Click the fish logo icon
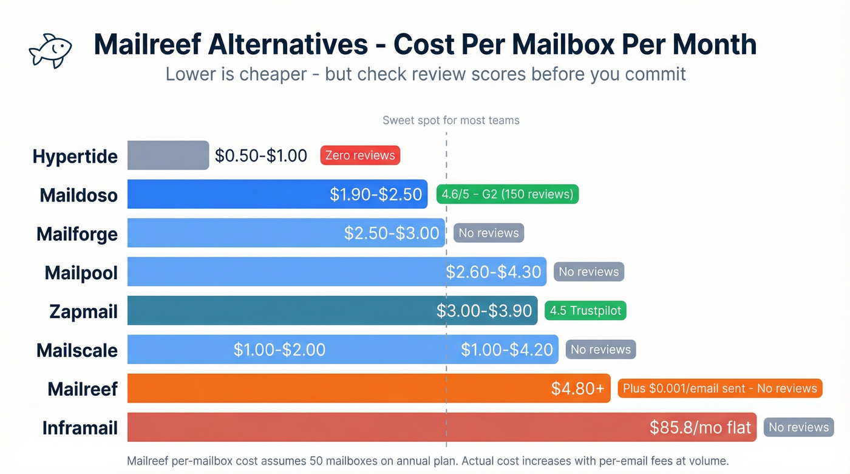(x=50, y=50)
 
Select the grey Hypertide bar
(x=168, y=155)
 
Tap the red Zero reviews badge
(x=360, y=155)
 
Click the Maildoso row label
(x=79, y=195)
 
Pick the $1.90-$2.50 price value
(x=376, y=194)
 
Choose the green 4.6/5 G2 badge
(x=507, y=194)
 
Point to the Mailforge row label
(x=77, y=234)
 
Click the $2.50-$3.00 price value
(x=392, y=233)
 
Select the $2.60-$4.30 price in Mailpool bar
(x=494, y=272)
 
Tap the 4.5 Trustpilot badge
(x=585, y=311)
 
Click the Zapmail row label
(x=84, y=311)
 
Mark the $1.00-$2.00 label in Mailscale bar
(x=279, y=350)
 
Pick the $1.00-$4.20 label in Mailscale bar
(x=507, y=350)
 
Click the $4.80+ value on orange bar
(x=577, y=388)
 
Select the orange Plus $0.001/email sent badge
(x=719, y=388)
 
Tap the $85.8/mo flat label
(x=700, y=427)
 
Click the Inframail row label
(x=80, y=428)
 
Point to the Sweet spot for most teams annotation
(x=451, y=120)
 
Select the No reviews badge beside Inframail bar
(x=798, y=427)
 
